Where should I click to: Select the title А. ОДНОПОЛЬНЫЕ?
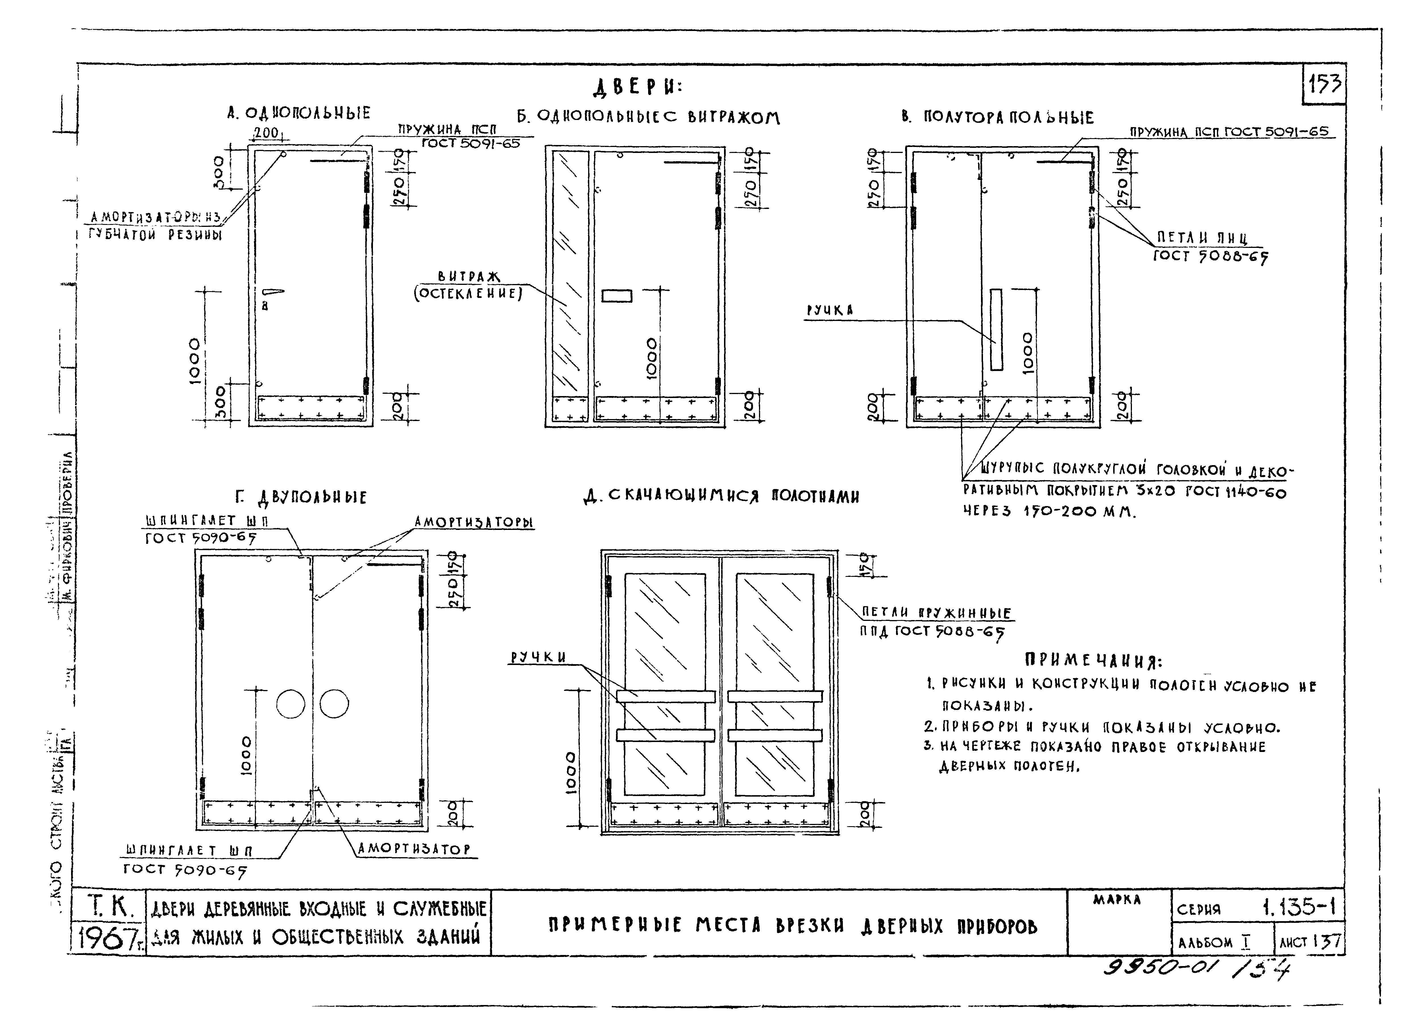299,113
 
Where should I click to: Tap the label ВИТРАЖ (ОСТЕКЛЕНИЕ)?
469,285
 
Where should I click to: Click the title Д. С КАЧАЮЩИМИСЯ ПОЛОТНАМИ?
721,497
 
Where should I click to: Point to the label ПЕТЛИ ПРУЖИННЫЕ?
936,612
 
